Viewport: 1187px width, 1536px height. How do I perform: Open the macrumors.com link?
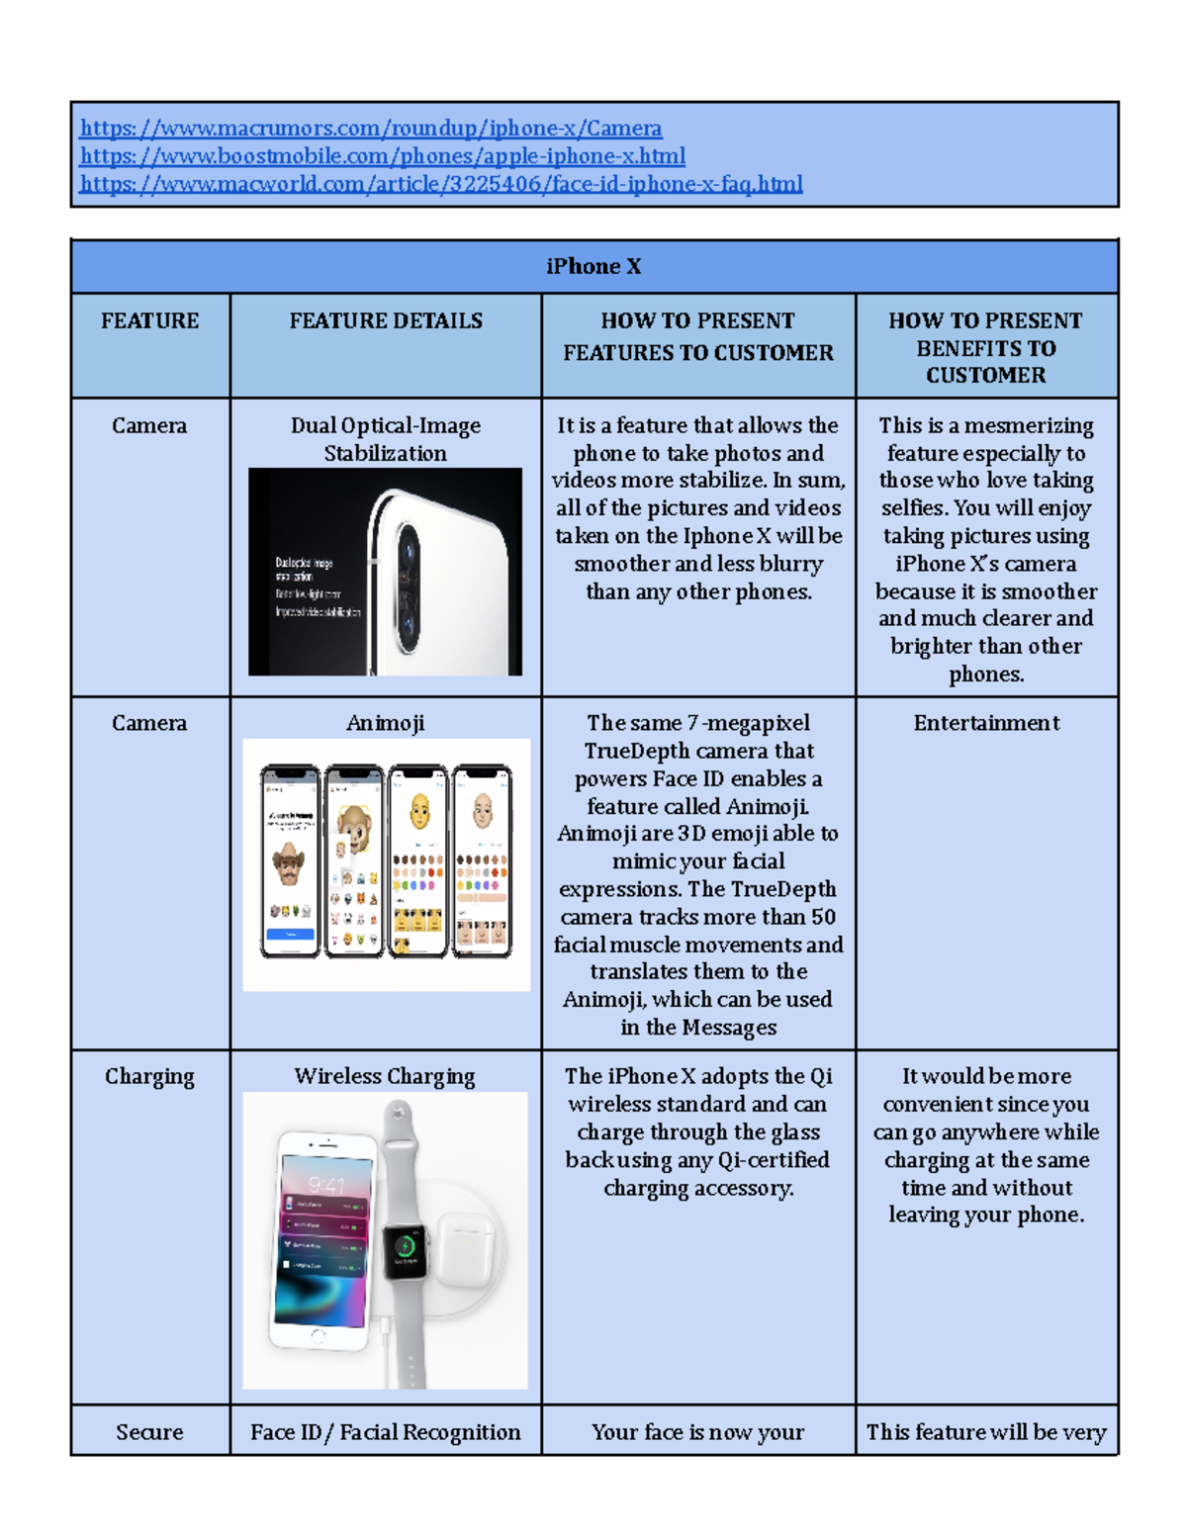click(371, 129)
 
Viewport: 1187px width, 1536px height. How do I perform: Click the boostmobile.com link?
click(382, 156)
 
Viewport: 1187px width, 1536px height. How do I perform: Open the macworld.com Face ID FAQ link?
click(440, 184)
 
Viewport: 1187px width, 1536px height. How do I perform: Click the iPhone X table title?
click(593, 267)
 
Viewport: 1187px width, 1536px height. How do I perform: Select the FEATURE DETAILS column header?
click(386, 321)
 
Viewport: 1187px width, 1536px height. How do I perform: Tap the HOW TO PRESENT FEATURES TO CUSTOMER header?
click(697, 336)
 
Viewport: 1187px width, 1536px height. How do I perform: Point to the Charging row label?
click(149, 1076)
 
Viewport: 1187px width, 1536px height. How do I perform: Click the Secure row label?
click(149, 1432)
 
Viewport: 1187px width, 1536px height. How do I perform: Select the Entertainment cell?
click(986, 723)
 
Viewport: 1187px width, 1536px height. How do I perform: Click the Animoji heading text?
click(386, 723)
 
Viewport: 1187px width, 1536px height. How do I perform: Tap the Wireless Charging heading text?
click(385, 1076)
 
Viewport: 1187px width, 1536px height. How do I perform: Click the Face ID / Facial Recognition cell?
click(385, 1432)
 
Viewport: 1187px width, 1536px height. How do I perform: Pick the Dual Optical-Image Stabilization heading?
click(385, 439)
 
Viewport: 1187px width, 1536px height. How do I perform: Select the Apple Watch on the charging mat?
click(405, 1246)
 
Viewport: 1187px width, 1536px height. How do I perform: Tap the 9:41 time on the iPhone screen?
click(326, 1185)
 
